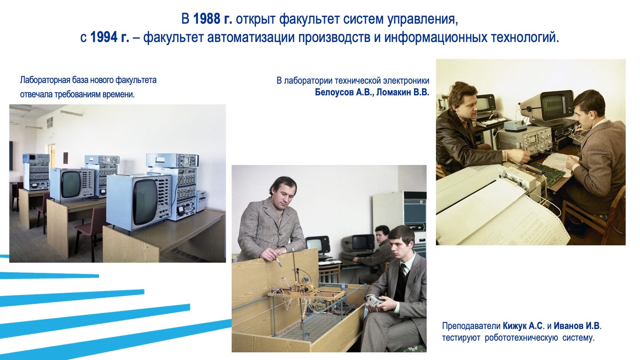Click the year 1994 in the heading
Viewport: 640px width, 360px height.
click(104, 37)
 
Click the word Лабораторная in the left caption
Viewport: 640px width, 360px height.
click(45, 80)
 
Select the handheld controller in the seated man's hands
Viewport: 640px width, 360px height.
click(375, 301)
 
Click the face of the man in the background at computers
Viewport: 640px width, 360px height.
click(381, 235)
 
